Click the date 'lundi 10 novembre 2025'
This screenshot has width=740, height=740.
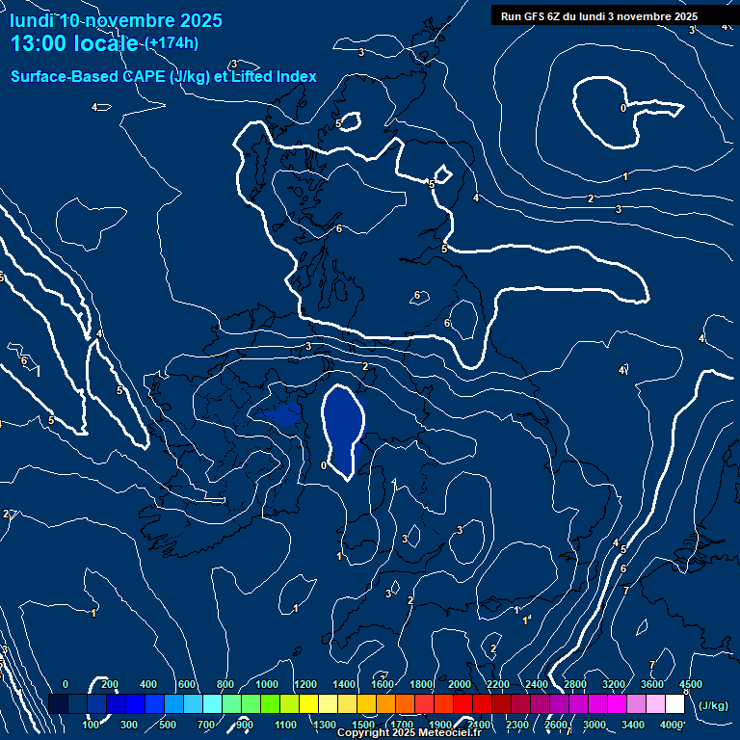pyautogui.click(x=116, y=20)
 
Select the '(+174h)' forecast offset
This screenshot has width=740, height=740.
pyautogui.click(x=172, y=43)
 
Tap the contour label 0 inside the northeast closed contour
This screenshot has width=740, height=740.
pyautogui.click(x=622, y=108)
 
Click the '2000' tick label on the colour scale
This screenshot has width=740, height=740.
pyautogui.click(x=459, y=684)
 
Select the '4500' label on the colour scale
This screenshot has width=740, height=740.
pyautogui.click(x=691, y=684)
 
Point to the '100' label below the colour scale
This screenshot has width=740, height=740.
pyautogui.click(x=92, y=725)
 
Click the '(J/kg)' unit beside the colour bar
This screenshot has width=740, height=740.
pyautogui.click(x=713, y=705)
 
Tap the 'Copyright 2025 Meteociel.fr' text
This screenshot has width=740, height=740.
pyautogui.click(x=410, y=733)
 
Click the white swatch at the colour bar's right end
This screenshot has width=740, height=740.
pyautogui.click(x=674, y=704)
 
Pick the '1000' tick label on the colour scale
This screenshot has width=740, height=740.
pyautogui.click(x=266, y=684)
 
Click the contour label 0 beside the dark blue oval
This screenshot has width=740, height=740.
pyautogui.click(x=324, y=465)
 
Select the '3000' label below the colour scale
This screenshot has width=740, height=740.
pyautogui.click(x=595, y=725)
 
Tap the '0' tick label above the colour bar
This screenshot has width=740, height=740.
pyautogui.click(x=66, y=684)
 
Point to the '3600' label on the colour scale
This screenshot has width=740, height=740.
pyautogui.click(x=652, y=684)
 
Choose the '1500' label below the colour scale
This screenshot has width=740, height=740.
pyautogui.click(x=363, y=725)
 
